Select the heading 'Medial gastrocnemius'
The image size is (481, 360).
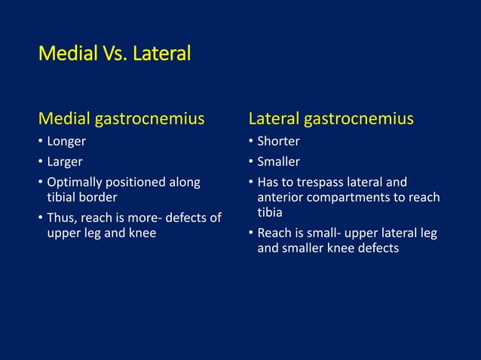(121, 119)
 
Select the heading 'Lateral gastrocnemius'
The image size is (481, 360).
(331, 119)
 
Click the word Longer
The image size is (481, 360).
(66, 142)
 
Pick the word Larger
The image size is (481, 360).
(65, 162)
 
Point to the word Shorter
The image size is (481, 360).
(278, 142)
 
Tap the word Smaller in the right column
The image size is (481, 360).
(278, 162)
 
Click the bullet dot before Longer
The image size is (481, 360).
(41, 142)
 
